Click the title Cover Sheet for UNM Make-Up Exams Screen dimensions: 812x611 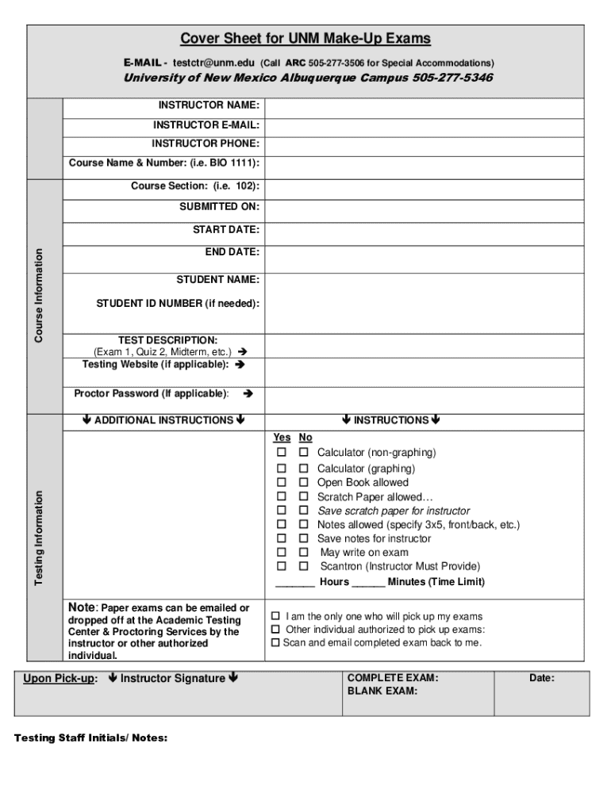coord(305,38)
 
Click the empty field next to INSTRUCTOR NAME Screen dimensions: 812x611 coord(424,106)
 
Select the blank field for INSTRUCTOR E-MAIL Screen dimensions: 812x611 coord(424,125)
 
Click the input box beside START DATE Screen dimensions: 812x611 coord(424,231)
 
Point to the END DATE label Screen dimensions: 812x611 coord(232,251)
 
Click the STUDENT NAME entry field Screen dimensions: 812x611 coord(424,280)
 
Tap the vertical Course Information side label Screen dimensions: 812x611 coord(37,296)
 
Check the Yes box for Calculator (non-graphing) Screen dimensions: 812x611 coord(281,453)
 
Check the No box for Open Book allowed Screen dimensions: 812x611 coord(303,482)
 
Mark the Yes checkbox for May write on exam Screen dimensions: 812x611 coord(281,552)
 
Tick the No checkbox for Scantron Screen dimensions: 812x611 coord(303,566)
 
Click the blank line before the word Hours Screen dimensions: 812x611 coord(294,582)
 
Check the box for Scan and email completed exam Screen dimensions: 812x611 coord(275,643)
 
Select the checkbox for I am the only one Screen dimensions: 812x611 coord(275,616)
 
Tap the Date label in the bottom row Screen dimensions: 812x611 coord(542,679)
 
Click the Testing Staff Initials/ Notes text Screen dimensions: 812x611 coord(91,738)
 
